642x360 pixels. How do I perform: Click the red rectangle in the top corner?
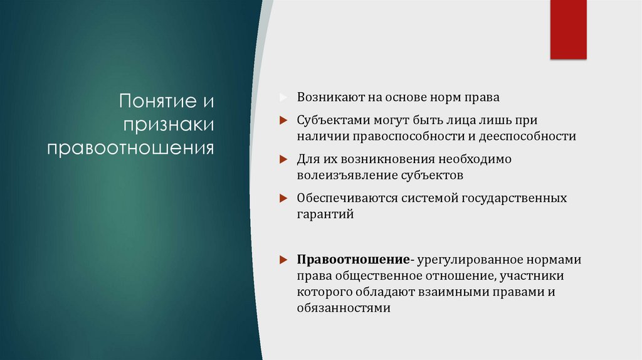click(568, 29)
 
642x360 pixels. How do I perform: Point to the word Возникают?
click(327, 98)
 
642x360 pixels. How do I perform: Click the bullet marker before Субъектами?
click(283, 119)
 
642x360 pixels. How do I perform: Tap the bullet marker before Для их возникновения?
click(283, 159)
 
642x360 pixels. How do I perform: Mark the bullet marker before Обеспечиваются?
click(283, 199)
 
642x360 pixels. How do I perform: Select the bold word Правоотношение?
click(354, 260)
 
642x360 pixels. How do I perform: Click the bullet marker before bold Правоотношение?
click(283, 260)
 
